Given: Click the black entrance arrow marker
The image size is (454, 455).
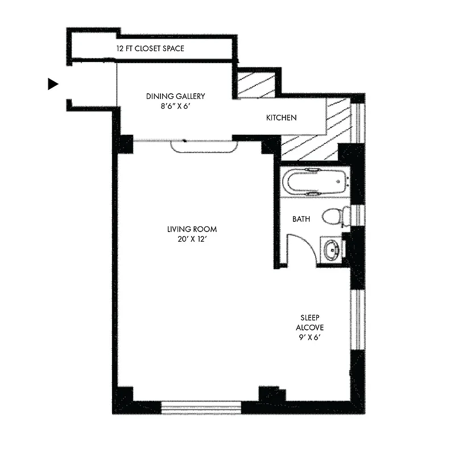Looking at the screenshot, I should tap(53, 84).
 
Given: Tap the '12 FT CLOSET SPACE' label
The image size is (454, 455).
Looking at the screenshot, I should tap(150, 49).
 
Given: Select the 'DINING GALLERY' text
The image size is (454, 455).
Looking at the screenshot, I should tap(175, 96).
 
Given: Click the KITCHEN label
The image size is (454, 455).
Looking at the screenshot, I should tap(282, 118).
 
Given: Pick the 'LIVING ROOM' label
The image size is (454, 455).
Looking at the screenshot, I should tap(192, 229).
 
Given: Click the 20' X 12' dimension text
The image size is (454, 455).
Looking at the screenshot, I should tap(192, 239).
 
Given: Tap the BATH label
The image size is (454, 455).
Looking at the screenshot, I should tap(302, 218).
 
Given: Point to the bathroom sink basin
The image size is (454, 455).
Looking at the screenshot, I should tap(331, 249).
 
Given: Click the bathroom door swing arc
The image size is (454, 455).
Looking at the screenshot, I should tap(304, 245).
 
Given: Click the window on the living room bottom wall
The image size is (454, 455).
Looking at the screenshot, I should tap(201, 407).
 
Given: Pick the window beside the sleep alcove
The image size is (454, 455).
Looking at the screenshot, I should tap(357, 319).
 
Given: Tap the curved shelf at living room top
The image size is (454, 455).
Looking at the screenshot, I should tap(204, 146).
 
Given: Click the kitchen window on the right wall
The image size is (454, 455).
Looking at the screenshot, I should tap(358, 120).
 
